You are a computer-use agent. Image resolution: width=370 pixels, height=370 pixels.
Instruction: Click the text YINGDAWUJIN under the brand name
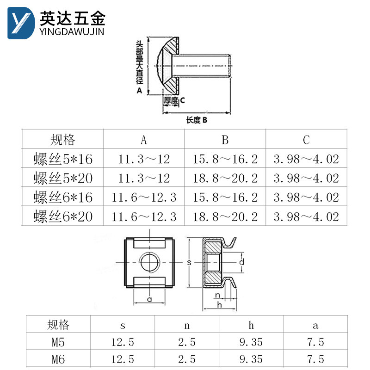tap(73, 31)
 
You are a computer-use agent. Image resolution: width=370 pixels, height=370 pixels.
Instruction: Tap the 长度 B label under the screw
tap(196, 120)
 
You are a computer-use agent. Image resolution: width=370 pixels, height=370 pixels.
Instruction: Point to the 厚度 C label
tap(174, 99)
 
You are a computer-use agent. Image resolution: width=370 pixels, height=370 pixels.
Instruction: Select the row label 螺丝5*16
tap(63, 160)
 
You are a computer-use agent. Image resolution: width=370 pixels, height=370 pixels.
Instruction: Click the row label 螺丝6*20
tap(63, 216)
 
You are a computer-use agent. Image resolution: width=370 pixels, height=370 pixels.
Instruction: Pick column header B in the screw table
tap(225, 140)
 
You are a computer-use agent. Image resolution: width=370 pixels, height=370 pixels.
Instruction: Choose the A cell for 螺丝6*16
tap(144, 197)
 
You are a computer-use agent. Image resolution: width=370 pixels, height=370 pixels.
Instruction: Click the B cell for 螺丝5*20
tap(225, 179)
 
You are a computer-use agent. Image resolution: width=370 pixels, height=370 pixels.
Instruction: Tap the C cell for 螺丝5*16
tap(306, 160)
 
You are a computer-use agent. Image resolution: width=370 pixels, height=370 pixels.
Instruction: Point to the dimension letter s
tap(189, 262)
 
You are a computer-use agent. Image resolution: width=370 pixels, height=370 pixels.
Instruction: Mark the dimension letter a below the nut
tap(149, 299)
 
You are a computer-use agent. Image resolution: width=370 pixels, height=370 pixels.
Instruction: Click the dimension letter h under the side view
tap(219, 305)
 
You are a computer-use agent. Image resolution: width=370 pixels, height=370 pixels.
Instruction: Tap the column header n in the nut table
tap(187, 325)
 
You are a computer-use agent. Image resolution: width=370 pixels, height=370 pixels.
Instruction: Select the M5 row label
tap(58, 342)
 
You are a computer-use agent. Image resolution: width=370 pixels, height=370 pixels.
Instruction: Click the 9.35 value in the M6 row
tap(251, 359)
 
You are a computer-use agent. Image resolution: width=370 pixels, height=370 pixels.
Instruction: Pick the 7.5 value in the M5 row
tap(315, 342)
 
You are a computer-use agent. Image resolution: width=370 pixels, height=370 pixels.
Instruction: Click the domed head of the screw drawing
tap(165, 65)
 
